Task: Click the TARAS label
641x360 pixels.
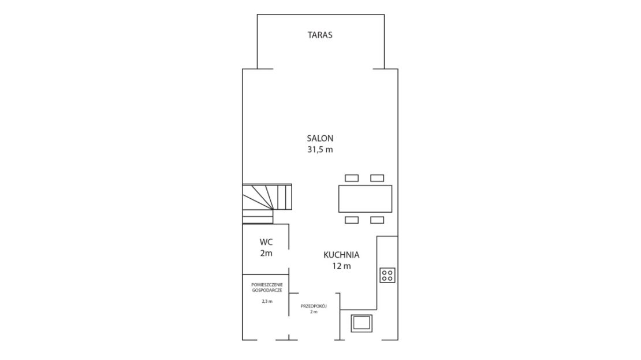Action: point(320,35)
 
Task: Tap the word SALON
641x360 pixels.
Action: point(320,138)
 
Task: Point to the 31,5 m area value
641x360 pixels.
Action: point(320,149)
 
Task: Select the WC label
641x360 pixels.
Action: point(266,242)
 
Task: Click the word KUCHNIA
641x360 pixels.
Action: point(341,255)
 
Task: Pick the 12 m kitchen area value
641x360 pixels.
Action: point(341,266)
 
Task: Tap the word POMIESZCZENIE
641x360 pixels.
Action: point(267,284)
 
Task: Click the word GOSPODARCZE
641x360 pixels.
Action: point(267,290)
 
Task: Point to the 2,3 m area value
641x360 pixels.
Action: point(267,301)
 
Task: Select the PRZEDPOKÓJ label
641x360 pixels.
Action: point(314,306)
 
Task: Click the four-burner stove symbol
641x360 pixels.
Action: point(387,275)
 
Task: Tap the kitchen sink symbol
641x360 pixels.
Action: point(362,323)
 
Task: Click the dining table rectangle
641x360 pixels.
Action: point(365,199)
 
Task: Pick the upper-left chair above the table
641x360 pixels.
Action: point(352,178)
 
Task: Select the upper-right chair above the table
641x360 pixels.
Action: point(377,178)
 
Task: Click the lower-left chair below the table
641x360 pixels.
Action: point(352,220)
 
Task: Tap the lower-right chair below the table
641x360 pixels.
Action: point(377,220)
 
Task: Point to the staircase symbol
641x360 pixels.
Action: point(267,204)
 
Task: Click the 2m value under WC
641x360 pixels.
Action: point(266,253)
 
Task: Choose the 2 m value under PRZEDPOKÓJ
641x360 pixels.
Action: point(314,311)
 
